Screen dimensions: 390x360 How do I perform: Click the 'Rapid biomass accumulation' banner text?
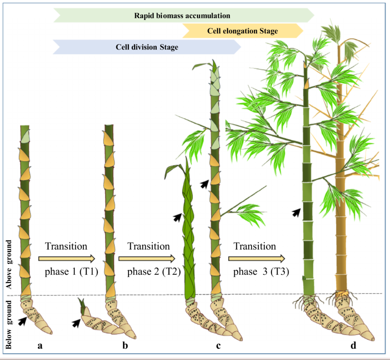[x=182, y=16]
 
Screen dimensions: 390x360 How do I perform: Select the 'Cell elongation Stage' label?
[x=243, y=31]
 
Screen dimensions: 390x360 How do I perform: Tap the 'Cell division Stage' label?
[x=147, y=47]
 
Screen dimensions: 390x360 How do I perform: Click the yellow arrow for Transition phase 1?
[x=67, y=259]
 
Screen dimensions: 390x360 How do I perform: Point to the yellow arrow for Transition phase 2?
[x=147, y=259]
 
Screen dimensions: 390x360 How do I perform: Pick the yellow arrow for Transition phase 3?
[x=257, y=259]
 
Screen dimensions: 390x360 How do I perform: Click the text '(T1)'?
[x=89, y=271]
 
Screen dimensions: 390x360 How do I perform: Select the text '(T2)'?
[x=171, y=271]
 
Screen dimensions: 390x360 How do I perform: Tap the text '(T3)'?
[x=280, y=271]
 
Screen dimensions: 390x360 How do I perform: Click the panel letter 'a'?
[x=40, y=345]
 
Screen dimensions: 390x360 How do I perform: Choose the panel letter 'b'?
[x=125, y=345]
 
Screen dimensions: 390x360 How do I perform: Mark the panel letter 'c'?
[x=219, y=345]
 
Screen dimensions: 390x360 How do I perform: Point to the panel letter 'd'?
[x=353, y=345]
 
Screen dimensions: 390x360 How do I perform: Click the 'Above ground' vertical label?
[x=9, y=265]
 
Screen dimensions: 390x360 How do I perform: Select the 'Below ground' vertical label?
[x=9, y=325]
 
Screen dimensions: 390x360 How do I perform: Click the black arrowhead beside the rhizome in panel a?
[x=22, y=321]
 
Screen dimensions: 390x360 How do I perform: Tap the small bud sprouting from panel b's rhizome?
[x=82, y=306]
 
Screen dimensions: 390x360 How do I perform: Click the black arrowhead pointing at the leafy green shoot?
[x=177, y=217]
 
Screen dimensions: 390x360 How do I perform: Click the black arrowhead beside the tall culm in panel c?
[x=204, y=184]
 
